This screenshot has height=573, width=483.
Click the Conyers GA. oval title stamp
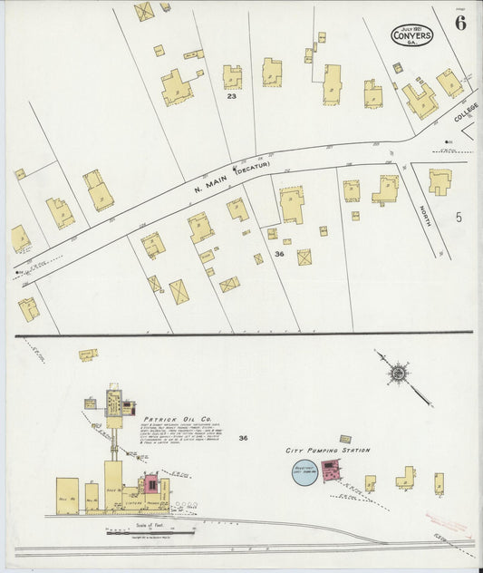(x=411, y=34)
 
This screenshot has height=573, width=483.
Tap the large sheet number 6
(x=460, y=24)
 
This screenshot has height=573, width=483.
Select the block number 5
(x=459, y=217)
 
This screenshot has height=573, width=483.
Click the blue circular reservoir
(x=305, y=472)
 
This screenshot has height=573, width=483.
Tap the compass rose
(x=397, y=372)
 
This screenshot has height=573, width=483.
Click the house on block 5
(x=440, y=181)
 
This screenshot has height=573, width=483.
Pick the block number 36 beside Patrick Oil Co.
(x=243, y=438)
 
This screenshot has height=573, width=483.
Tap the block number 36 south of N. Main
(x=279, y=255)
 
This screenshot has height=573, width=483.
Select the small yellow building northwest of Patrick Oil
(x=88, y=354)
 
